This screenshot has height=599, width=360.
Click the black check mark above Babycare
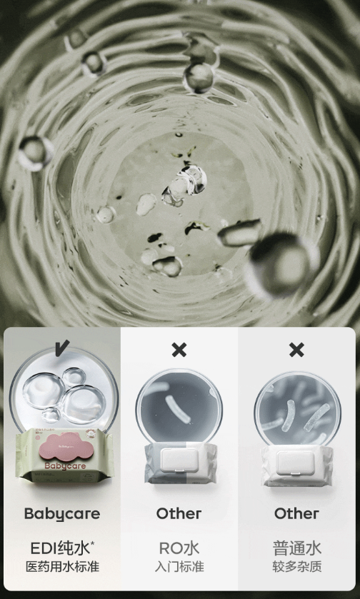point(62,348)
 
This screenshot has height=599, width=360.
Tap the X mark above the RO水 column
point(179,350)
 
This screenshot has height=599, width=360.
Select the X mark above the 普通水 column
point(296,350)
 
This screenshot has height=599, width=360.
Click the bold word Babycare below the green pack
point(62,514)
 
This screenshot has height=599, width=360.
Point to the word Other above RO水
point(179,514)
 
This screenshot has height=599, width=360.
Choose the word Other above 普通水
point(296,514)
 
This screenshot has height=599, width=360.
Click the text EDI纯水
point(59,548)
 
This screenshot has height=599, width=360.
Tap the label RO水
point(179,548)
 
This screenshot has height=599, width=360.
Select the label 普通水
point(296,548)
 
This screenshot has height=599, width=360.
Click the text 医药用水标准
point(62,567)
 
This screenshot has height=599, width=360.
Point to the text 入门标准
point(179,567)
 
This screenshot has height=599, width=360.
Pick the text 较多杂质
point(296,567)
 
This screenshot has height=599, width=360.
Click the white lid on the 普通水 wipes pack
point(296,463)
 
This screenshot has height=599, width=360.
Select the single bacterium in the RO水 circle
point(178,409)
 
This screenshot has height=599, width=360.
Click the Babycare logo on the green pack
point(65,465)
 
